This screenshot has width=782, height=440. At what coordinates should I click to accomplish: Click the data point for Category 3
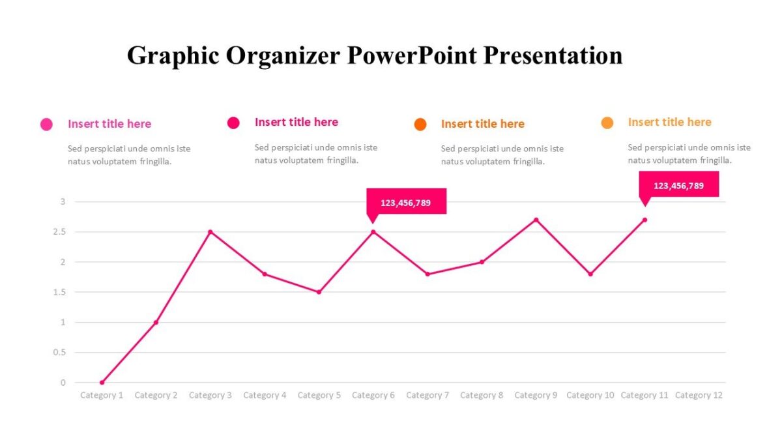click(x=210, y=232)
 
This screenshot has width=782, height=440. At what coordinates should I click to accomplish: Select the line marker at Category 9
click(x=536, y=220)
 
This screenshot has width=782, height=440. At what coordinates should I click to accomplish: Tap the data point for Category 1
click(x=102, y=383)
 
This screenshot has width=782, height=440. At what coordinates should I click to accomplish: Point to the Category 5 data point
click(x=319, y=292)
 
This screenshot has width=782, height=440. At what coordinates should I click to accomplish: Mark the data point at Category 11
click(x=644, y=220)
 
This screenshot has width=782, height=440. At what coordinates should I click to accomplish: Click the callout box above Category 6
click(x=406, y=201)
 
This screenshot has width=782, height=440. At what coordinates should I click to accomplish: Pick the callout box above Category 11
click(x=678, y=184)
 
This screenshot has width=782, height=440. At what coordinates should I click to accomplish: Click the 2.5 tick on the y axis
click(x=62, y=232)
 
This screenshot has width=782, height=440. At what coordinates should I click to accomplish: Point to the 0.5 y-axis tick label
click(x=62, y=353)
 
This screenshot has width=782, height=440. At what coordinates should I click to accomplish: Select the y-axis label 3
click(x=63, y=202)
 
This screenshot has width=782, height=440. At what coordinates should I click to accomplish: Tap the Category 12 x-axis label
click(x=699, y=395)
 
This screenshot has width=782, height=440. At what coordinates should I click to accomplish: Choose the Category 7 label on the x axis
click(x=427, y=395)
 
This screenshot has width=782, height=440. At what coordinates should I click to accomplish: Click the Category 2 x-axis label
click(x=156, y=395)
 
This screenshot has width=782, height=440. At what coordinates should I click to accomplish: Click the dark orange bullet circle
click(x=420, y=125)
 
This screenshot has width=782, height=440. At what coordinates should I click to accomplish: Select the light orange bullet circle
click(x=607, y=123)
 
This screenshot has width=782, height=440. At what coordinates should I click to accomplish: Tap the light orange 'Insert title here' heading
click(x=669, y=122)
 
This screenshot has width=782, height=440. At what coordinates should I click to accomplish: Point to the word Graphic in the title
click(x=173, y=55)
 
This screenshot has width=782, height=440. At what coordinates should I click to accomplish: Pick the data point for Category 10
click(x=590, y=274)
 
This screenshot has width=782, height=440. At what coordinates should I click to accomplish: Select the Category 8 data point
click(x=482, y=262)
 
